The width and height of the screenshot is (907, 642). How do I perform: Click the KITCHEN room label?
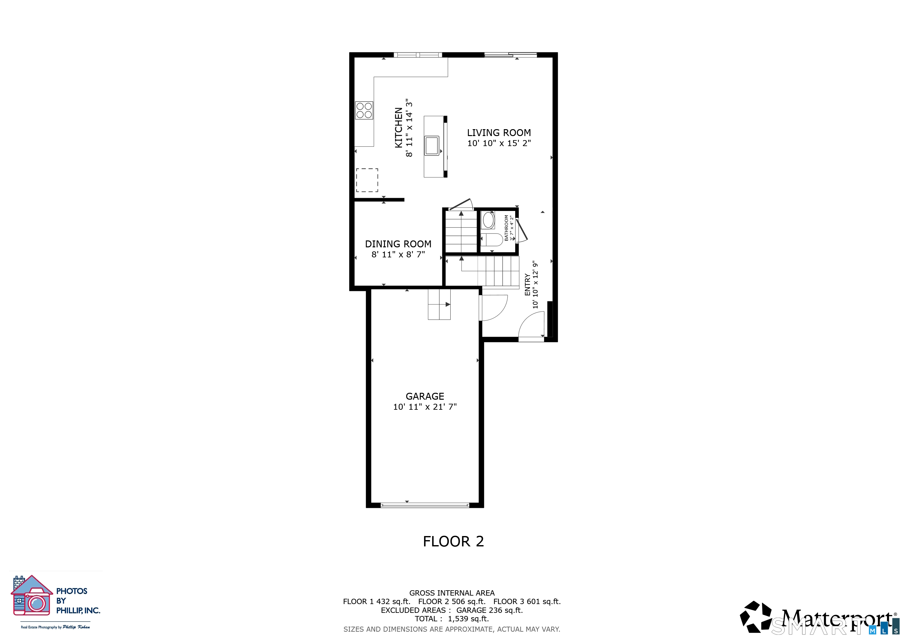point(399,128)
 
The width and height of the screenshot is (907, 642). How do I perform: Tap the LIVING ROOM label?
point(499,133)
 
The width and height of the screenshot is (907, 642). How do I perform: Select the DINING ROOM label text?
point(398,244)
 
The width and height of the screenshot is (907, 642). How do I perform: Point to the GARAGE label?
point(425,396)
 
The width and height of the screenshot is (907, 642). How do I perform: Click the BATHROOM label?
point(506,228)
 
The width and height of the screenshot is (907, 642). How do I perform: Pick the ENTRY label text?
point(527,285)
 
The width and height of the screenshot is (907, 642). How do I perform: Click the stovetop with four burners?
point(364,110)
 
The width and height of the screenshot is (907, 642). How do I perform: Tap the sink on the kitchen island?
point(432,145)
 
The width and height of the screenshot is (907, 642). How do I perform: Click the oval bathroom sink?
point(489,220)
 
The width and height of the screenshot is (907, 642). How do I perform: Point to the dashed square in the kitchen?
point(367,180)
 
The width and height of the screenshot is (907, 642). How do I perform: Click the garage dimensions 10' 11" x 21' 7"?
point(425,407)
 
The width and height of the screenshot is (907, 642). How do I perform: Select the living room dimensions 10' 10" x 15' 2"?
point(499,143)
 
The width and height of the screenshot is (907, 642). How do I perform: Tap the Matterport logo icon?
point(756,617)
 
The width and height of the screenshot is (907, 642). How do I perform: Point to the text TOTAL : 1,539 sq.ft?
point(452,619)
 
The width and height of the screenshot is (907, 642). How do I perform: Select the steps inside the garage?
point(439,304)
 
